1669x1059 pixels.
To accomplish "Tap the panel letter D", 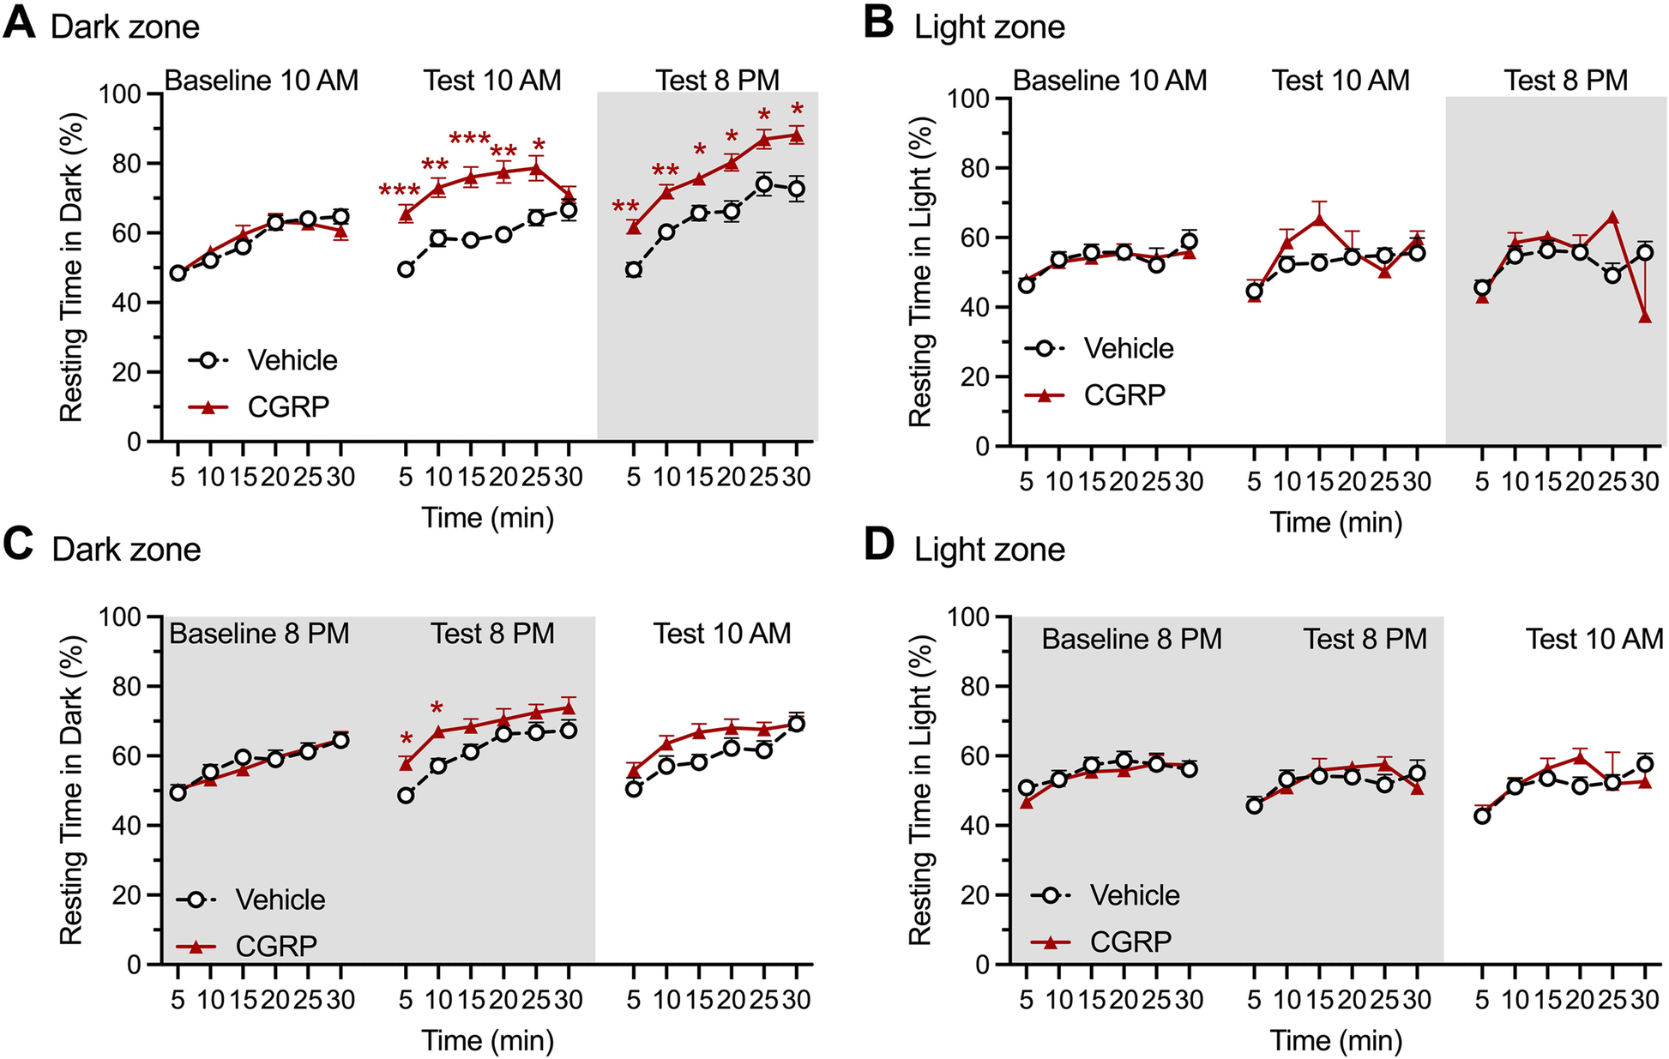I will point(879,545).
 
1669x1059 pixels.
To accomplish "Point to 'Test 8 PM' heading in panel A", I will point(717,80).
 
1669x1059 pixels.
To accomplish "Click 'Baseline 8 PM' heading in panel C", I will point(259,634).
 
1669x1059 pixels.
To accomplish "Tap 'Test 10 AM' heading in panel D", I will point(1594,639).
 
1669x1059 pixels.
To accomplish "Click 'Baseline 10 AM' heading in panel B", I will point(1109,80).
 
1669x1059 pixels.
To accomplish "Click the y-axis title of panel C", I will point(71,789).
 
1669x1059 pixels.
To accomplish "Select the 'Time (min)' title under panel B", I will point(1335,522).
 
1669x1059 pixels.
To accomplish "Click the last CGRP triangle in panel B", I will point(1644,316).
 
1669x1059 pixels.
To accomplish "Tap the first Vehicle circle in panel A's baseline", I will point(178,274).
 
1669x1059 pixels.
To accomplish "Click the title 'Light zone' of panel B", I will point(989,27).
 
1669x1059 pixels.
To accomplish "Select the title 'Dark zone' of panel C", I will point(126,550).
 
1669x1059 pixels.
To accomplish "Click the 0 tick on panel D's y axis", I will point(983,965).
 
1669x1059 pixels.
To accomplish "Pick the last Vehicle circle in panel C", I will point(796,724).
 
